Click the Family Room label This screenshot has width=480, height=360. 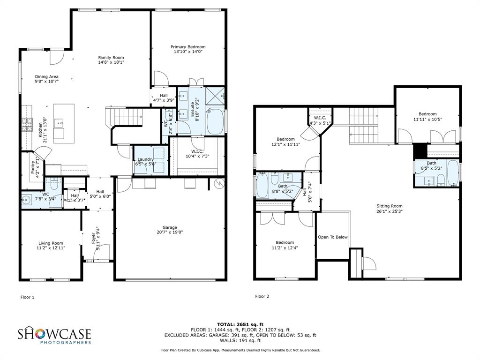coord(111,57)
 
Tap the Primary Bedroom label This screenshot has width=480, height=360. coord(187,47)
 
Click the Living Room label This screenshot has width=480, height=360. coord(51,243)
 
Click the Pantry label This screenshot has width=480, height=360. coord(33,167)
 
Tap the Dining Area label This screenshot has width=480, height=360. coord(47,76)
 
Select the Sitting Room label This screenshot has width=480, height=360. coord(390,206)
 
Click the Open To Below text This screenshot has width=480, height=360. coord(333,237)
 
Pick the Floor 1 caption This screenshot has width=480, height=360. coord(27,297)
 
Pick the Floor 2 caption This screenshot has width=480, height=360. coord(262,296)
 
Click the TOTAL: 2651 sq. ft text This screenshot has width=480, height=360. coord(240,324)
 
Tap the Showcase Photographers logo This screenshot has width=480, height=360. coord(54,336)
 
